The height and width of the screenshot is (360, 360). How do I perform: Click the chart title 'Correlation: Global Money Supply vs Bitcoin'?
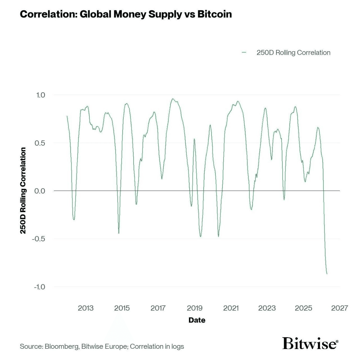pyautogui.click(x=126, y=14)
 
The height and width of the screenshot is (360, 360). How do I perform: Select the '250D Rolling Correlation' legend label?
pyautogui.click(x=293, y=53)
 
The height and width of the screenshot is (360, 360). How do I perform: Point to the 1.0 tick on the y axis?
pyautogui.click(x=40, y=95)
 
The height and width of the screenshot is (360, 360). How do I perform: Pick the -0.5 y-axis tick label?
pyautogui.click(x=39, y=239)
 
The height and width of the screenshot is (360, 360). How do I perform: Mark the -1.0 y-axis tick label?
pyautogui.click(x=39, y=287)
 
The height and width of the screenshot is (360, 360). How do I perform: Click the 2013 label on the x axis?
pyautogui.click(x=85, y=308)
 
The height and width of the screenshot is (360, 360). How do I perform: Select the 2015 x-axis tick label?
pyautogui.click(x=122, y=308)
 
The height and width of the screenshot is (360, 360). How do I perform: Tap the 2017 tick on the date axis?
pyautogui.click(x=158, y=308)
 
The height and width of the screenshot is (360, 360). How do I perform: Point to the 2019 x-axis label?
pyautogui.click(x=195, y=308)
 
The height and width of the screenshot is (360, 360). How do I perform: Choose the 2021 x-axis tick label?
pyautogui.click(x=231, y=308)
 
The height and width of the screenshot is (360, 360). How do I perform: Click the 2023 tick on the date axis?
pyautogui.click(x=267, y=308)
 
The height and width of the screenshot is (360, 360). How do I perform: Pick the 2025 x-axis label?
pyautogui.click(x=303, y=308)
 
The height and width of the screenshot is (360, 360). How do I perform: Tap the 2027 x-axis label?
pyautogui.click(x=339, y=308)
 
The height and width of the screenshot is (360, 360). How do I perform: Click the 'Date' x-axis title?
pyautogui.click(x=197, y=320)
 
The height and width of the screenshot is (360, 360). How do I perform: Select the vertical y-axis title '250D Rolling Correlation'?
pyautogui.click(x=23, y=190)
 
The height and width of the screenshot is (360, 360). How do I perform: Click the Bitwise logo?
pyautogui.click(x=310, y=343)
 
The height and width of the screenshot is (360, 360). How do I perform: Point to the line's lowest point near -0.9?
pyautogui.click(x=327, y=274)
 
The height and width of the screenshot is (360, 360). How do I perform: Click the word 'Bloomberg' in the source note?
pyautogui.click(x=62, y=346)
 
